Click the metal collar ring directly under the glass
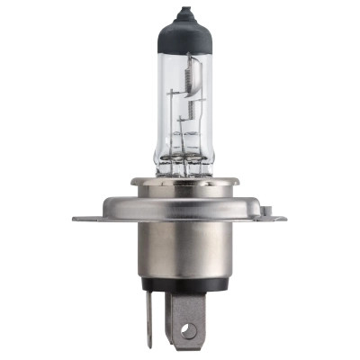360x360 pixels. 180,183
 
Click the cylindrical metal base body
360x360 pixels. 180,256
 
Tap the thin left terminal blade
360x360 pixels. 150,315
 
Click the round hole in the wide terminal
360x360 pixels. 187,331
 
